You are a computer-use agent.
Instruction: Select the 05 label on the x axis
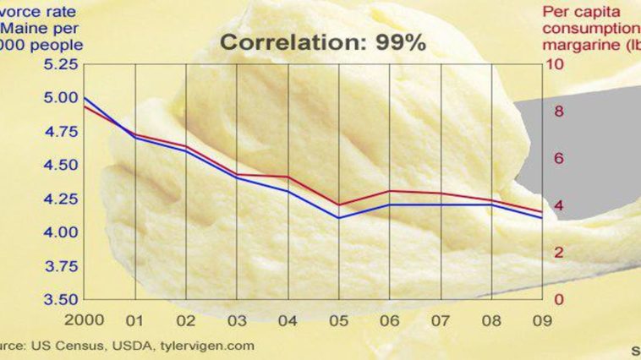point(339,321)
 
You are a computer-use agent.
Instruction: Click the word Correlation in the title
point(288,43)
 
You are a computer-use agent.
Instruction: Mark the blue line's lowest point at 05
point(339,218)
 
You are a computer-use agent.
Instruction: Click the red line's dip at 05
point(339,205)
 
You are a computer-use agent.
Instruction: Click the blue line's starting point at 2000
point(84,98)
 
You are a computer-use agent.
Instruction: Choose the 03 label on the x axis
point(237,321)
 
